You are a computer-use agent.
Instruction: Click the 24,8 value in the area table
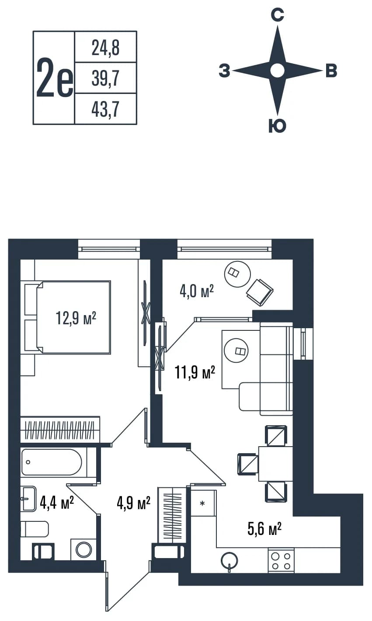[105, 48]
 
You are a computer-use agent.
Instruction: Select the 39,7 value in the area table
[105, 79]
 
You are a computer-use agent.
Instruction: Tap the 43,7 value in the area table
[105, 110]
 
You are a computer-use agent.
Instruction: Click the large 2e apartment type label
[55, 78]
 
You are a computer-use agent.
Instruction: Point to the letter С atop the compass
[278, 15]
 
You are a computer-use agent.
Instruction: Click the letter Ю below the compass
[278, 126]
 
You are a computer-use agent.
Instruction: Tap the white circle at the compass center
[278, 70]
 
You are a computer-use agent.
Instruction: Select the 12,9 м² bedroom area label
[76, 318]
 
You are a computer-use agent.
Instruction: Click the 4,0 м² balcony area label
[197, 291]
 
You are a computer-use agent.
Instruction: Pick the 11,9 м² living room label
[195, 372]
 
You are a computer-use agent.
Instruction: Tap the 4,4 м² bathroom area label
[57, 503]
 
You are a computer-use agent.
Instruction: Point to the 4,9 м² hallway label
[134, 503]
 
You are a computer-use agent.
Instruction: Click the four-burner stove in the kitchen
[281, 560]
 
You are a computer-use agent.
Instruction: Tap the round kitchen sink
[229, 560]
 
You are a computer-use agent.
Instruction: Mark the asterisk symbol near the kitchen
[202, 503]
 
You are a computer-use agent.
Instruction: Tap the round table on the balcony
[237, 274]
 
